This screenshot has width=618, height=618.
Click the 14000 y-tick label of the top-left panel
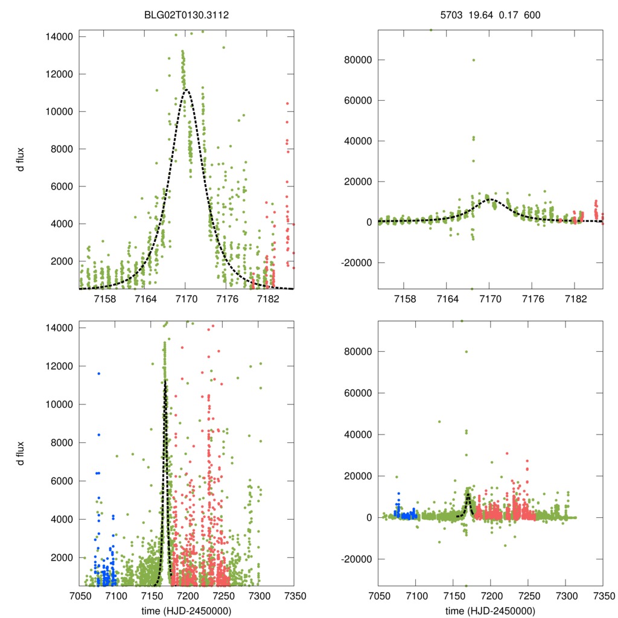coord(59,37)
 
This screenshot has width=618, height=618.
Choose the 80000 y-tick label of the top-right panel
coord(357,60)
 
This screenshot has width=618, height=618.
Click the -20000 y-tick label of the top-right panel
coord(355,263)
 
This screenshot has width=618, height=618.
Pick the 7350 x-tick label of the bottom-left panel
coord(294,595)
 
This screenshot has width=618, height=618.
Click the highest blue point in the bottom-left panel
coord(98,374)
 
